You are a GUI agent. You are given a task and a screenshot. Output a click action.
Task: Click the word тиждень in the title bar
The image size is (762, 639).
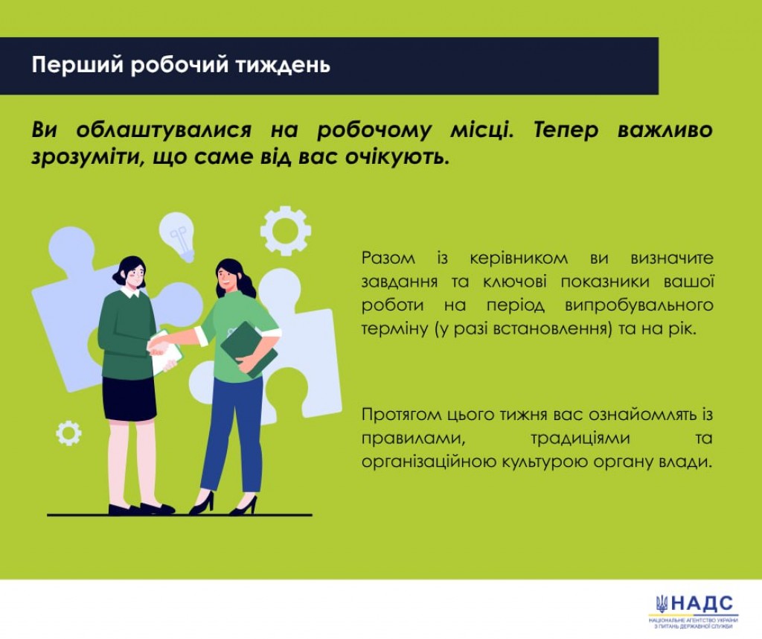[x=283, y=65]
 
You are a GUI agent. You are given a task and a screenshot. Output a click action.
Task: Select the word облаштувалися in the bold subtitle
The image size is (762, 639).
[x=164, y=130]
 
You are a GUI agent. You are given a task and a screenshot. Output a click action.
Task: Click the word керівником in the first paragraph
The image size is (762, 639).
[x=519, y=258]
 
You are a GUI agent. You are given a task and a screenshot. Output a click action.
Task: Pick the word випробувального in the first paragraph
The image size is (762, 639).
[x=638, y=305]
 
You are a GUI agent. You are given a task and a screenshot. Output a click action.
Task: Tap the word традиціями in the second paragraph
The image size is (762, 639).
[x=580, y=439]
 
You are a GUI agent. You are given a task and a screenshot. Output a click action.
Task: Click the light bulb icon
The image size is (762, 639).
[x=178, y=236]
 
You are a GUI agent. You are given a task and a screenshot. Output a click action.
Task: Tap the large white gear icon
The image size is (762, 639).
[x=286, y=231]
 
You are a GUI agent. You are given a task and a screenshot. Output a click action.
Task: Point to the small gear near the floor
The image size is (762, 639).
[x=68, y=433]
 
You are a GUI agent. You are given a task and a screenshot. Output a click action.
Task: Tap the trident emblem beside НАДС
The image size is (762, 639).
[x=662, y=604]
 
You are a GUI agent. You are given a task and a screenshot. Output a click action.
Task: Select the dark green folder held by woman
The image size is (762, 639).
[x=249, y=349]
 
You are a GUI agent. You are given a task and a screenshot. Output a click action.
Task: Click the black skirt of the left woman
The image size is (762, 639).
[x=129, y=398]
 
